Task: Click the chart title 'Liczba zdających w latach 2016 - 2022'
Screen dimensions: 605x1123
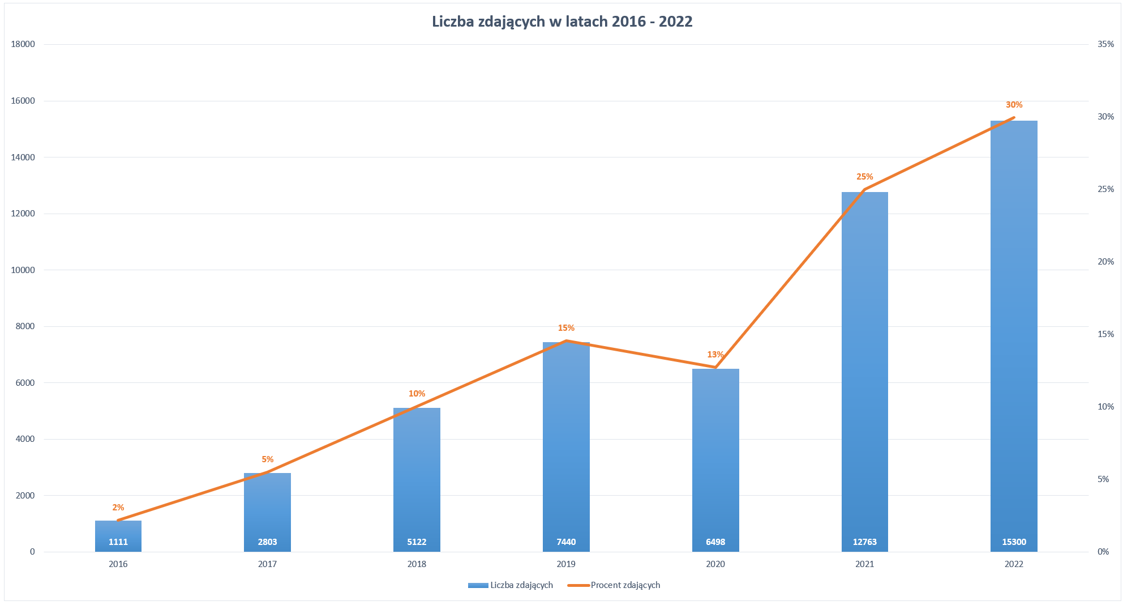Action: pos(561,22)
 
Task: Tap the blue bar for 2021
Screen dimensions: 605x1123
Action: pos(864,368)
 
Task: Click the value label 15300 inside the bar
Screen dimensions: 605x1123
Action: pos(1014,542)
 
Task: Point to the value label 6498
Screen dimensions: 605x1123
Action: pos(715,542)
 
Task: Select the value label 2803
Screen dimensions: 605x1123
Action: pos(267,542)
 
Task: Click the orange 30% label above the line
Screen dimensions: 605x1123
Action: pos(1014,105)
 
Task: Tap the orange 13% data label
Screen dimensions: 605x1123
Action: pos(715,355)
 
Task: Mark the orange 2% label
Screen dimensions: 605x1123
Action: pos(118,508)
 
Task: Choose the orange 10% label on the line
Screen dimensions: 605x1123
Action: pos(417,394)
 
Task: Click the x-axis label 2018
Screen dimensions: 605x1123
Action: pos(417,564)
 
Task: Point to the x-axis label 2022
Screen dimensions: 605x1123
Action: pos(1014,564)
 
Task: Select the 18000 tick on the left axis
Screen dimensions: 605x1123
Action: pos(23,44)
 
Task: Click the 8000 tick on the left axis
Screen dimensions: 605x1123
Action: pos(25,326)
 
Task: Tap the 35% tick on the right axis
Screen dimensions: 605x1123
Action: pos(1105,44)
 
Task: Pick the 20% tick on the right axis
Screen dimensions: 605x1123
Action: pos(1105,262)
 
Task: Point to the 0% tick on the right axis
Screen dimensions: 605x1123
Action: pos(1103,552)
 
